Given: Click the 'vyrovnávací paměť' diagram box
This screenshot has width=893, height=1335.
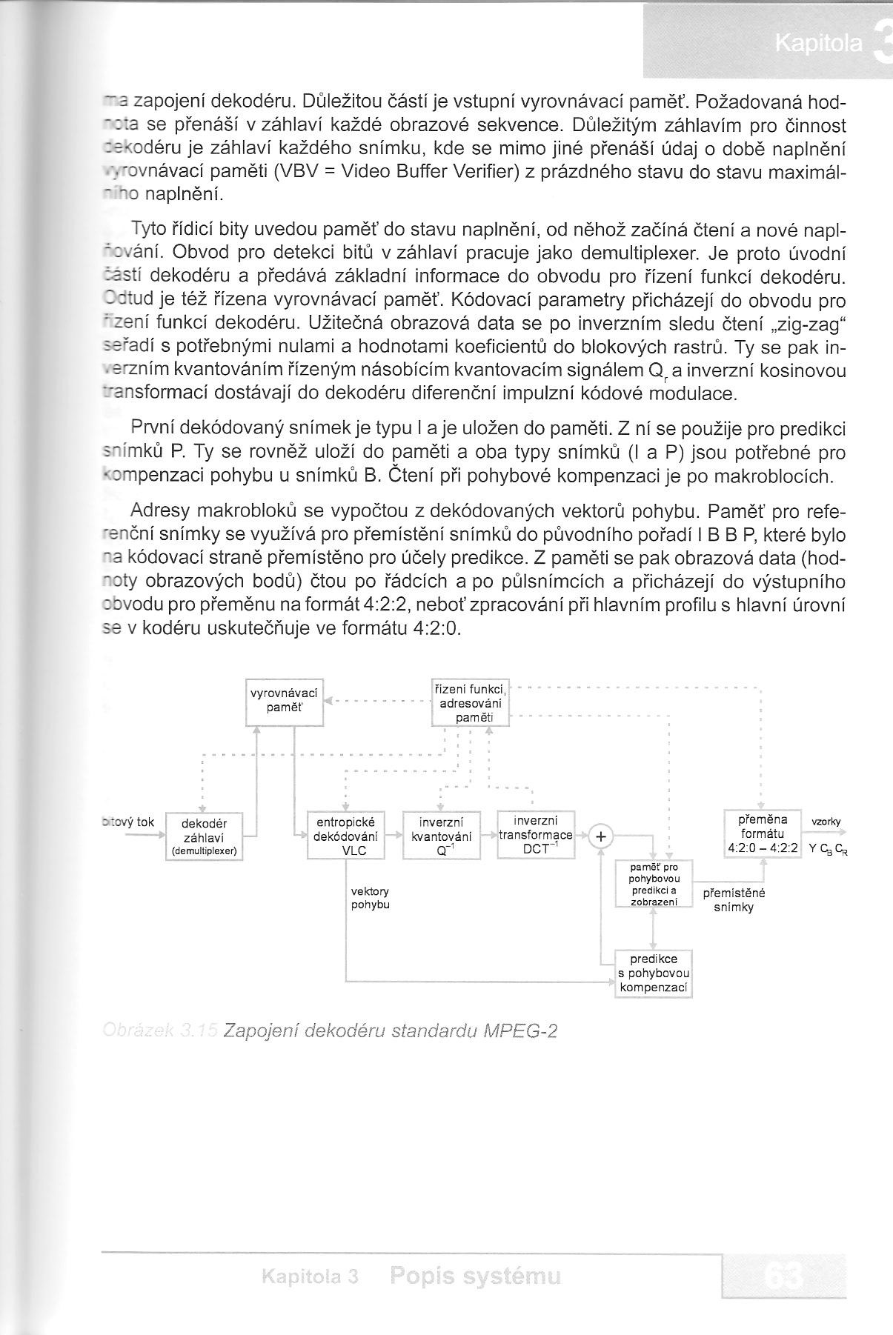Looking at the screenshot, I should coord(285,701).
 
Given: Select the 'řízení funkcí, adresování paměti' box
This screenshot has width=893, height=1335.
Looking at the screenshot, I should coord(471,702).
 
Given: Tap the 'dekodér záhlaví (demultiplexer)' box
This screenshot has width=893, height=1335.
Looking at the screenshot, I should coord(204,836).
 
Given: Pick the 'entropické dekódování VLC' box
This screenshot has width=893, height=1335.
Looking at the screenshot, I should coord(346,836).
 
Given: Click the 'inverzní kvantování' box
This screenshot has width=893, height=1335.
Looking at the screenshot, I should coord(442,836).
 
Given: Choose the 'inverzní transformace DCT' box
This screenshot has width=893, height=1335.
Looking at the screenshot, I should coord(536,835).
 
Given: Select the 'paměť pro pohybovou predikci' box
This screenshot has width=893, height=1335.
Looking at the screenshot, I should coord(653,884).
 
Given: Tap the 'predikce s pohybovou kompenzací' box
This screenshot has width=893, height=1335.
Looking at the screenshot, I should coord(653,973).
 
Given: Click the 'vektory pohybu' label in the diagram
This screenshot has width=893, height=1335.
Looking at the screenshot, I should coord(370,898).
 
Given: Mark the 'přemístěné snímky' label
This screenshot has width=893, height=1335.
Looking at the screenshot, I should coord(734,900).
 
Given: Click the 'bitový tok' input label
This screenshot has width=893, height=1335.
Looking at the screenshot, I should coord(127,822).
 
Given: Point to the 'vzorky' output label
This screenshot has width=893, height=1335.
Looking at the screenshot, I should coord(826,822).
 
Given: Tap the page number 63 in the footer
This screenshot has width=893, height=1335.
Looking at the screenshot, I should coord(781,1276).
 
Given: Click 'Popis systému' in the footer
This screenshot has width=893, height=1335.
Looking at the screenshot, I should coord(475,1276).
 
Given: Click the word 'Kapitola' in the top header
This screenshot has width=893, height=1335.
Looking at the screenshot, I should coord(818,44).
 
